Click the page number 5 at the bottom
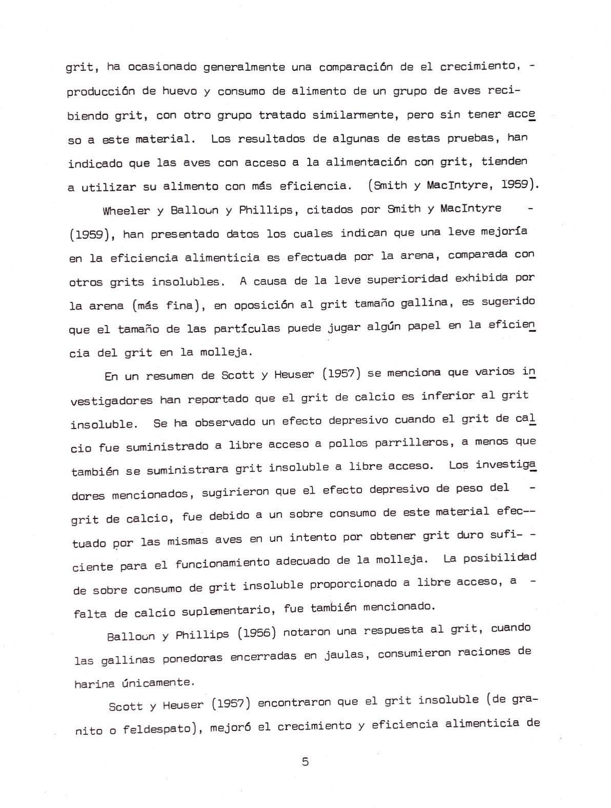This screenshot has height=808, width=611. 305,761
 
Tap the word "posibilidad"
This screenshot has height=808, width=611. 499,558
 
